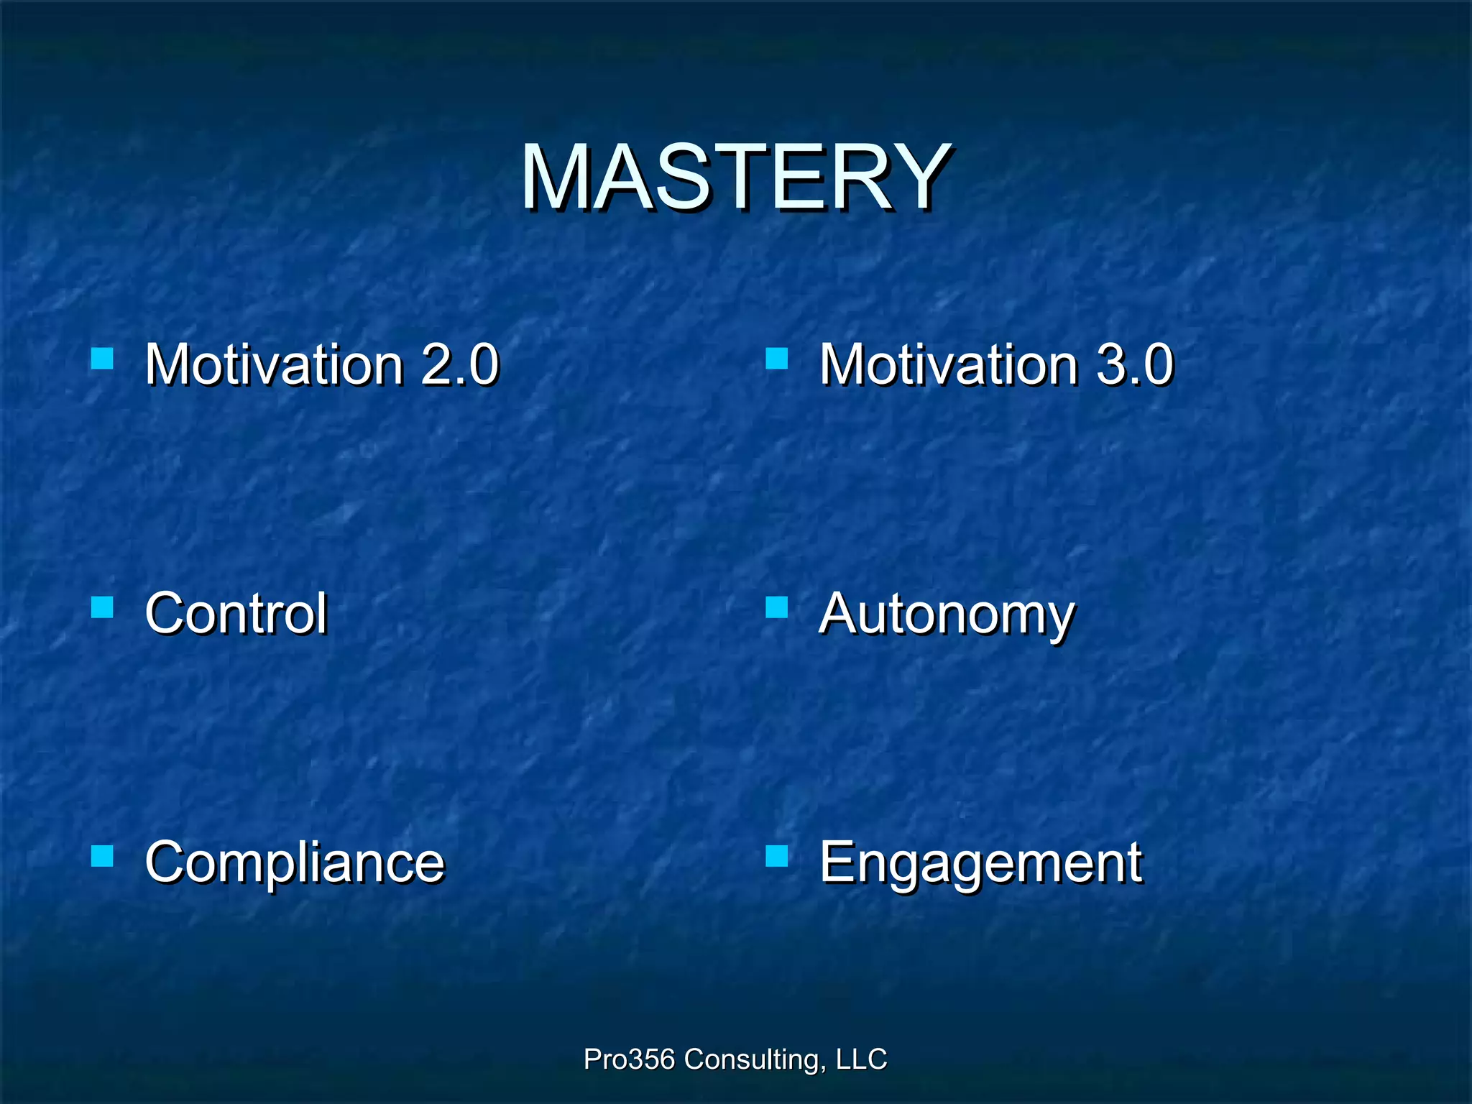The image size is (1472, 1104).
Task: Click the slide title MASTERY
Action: [x=736, y=178]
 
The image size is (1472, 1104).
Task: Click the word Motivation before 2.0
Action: [x=274, y=364]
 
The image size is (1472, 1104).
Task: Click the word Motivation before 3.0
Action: [x=948, y=364]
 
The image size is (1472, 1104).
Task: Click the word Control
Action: [x=236, y=614]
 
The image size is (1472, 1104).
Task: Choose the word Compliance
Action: [x=295, y=862]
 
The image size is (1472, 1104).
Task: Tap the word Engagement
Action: [x=980, y=862]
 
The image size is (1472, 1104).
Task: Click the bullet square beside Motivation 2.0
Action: [x=103, y=358]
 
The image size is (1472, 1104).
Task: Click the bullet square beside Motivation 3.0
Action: [x=777, y=358]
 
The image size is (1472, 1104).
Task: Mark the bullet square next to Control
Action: [x=103, y=607]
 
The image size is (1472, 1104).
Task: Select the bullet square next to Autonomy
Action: [x=777, y=607]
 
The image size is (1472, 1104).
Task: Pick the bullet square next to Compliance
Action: [x=103, y=856]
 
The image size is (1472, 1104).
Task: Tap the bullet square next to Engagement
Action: [x=777, y=856]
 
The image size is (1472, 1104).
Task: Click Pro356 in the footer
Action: [x=629, y=1059]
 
